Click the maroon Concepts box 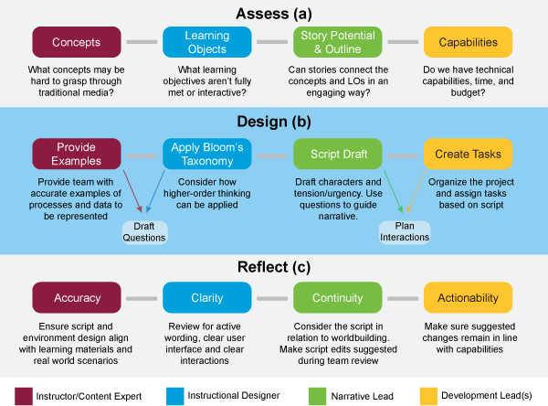(77, 42)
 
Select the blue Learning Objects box (207, 42)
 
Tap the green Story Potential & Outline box (338, 42)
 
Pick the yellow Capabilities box (468, 42)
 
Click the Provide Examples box (77, 154)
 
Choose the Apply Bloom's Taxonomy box (207, 154)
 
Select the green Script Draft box (338, 154)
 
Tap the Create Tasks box (468, 154)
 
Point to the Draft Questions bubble (144, 232)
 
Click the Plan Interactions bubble (405, 231)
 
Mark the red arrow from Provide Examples (132, 191)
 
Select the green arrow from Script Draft (394, 192)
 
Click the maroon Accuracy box (77, 297)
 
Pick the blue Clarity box (207, 297)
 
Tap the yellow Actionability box (468, 297)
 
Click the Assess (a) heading (274, 14)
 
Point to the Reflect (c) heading (274, 267)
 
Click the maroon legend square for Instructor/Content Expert (24, 396)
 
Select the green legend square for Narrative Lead (317, 396)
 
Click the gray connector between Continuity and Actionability (403, 298)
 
